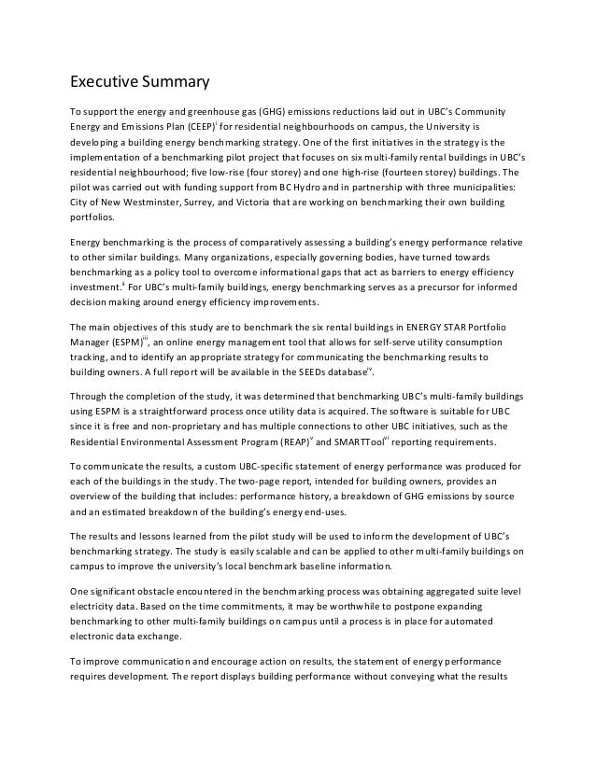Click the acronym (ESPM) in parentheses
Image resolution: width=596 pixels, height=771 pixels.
click(119, 342)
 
